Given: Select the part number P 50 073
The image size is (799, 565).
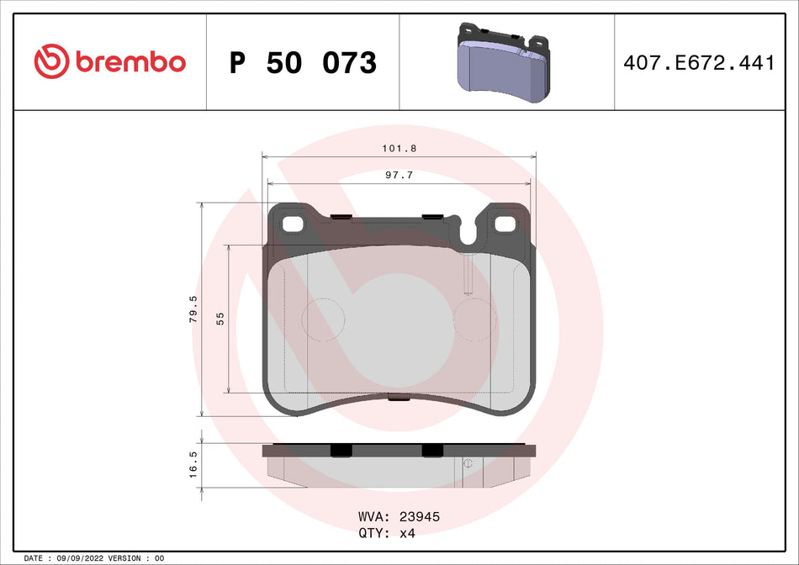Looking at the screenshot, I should coord(303,63).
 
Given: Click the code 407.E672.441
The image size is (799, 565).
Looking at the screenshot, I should coord(699,63).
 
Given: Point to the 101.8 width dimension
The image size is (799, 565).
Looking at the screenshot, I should coord(399,147).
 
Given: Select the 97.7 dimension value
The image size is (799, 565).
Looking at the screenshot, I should coord(399,175).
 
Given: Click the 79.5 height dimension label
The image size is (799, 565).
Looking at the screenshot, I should coord(193,309).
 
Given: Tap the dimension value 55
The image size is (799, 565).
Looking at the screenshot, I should coord(220,319).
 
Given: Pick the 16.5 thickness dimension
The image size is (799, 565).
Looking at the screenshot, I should coord(193,464).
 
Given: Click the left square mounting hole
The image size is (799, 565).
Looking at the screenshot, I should coord(293,224).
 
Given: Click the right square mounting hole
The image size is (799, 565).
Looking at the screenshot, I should coord(505,224).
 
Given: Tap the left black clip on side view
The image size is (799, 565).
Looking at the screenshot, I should coord(340,451).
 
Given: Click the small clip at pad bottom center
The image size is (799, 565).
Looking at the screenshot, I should coord(399,399).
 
